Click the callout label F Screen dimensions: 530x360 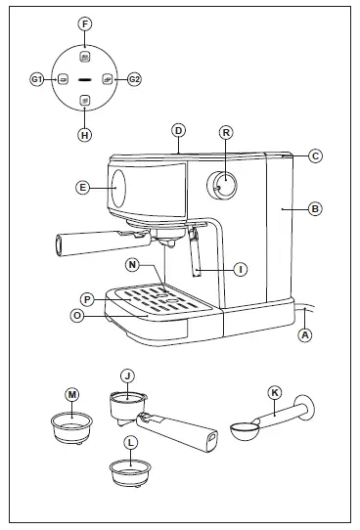pos(85,21)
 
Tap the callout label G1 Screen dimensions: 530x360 pos(37,78)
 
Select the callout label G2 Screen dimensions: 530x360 pos(135,78)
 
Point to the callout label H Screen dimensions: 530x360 pos(85,135)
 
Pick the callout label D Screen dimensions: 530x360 pos(178,130)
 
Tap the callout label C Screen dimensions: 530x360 pos(315,155)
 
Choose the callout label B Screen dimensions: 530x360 pos(315,208)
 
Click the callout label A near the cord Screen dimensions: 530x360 pos(305,333)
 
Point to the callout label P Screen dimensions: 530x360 pos(87,298)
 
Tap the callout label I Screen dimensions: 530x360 pos(240,267)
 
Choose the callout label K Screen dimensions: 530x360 pos(275,392)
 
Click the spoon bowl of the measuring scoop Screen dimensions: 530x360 pos(244,427)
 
